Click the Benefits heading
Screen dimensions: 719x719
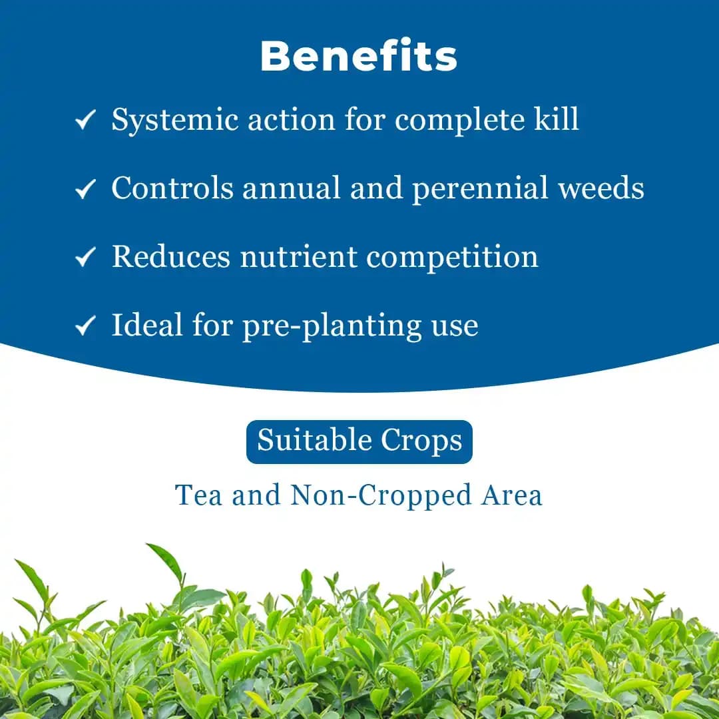359,57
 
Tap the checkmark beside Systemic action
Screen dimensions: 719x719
85,121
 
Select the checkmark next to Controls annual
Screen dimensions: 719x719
85,190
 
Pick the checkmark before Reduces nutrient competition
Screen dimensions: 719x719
85,258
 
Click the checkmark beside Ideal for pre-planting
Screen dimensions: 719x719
85,326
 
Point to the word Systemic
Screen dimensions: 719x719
174,120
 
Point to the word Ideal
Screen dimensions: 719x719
147,325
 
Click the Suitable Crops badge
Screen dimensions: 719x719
359,441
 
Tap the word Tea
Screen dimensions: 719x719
198,495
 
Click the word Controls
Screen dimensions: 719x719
172,188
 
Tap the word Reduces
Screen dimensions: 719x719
171,257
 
